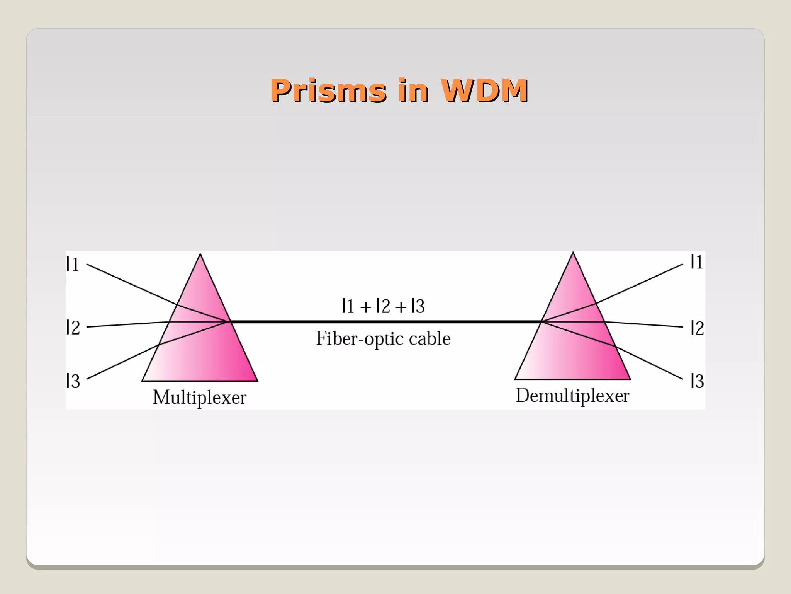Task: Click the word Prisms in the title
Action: [x=328, y=91]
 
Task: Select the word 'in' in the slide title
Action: [x=413, y=91]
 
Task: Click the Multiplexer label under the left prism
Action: [x=199, y=398]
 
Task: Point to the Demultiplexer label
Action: [x=572, y=396]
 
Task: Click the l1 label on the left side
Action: [x=73, y=265]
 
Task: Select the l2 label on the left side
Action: [x=73, y=328]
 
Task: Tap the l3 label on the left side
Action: [x=73, y=381]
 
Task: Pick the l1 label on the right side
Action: [x=697, y=262]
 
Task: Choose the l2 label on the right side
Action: [x=697, y=328]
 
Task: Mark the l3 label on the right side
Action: [x=697, y=381]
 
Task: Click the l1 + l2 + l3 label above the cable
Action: [x=383, y=306]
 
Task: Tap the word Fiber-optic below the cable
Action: [x=358, y=339]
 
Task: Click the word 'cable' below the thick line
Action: [x=429, y=339]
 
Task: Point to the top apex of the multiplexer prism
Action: [x=200, y=254]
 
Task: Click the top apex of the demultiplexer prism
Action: [x=573, y=253]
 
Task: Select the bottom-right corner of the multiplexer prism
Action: [x=257, y=381]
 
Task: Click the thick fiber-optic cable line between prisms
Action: [x=386, y=321]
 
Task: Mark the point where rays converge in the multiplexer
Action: [x=229, y=321]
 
